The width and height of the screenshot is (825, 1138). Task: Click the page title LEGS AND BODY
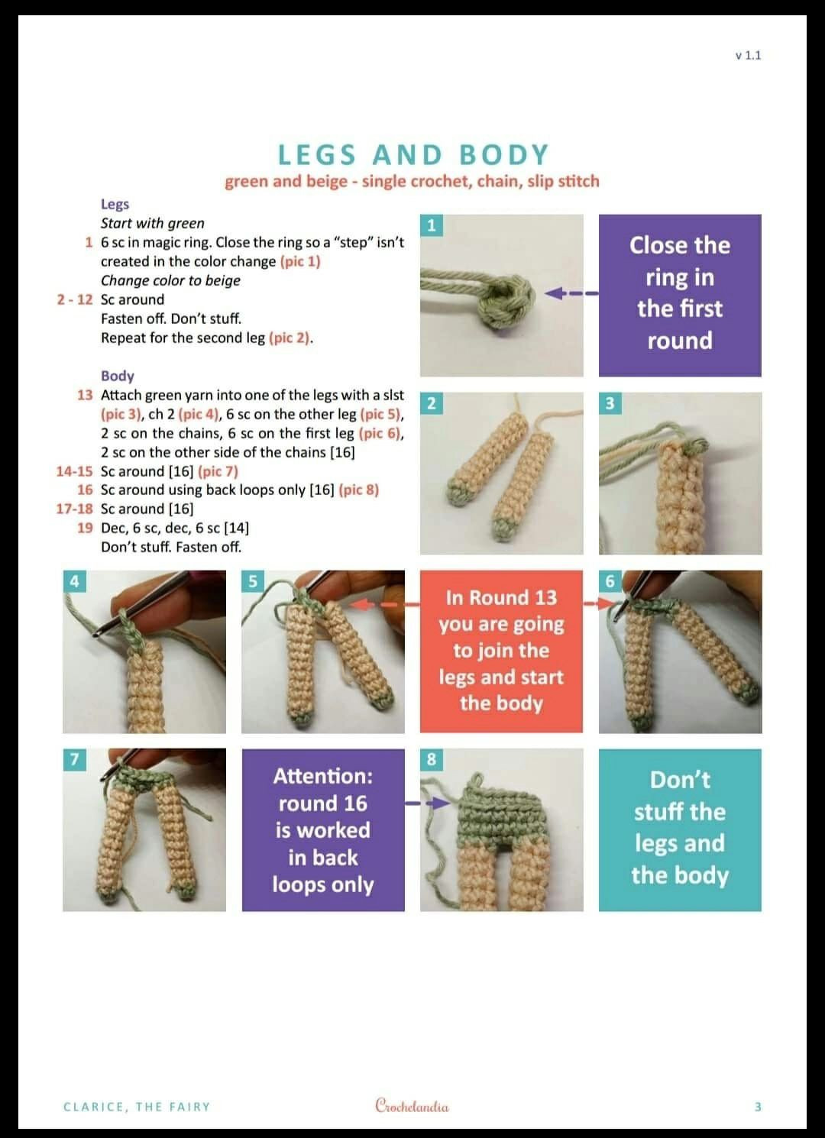point(413,154)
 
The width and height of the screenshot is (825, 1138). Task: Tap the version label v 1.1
point(748,56)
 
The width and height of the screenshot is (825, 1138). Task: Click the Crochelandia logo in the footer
point(412,1105)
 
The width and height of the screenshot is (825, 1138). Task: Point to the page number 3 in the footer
point(758,1107)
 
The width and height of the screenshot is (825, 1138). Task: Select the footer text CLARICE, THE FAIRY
point(137,1107)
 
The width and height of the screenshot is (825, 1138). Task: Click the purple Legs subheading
point(115,204)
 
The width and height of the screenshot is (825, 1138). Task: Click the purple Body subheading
point(118,376)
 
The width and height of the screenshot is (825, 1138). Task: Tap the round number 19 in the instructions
point(85,528)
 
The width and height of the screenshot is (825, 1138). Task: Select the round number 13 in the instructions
point(85,395)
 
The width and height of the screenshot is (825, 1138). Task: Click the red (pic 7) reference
point(218,471)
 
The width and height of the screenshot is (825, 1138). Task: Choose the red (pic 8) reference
point(359,490)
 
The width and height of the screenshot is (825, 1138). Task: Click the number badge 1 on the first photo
point(432,225)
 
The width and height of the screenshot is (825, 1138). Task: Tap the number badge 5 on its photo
point(253,581)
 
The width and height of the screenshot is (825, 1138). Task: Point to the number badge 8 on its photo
point(432,759)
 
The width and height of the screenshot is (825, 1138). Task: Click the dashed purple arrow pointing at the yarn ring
point(571,293)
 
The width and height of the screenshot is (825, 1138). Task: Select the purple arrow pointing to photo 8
point(427,803)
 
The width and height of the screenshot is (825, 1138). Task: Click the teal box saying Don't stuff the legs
point(680,829)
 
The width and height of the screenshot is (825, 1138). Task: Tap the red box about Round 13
point(501,651)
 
